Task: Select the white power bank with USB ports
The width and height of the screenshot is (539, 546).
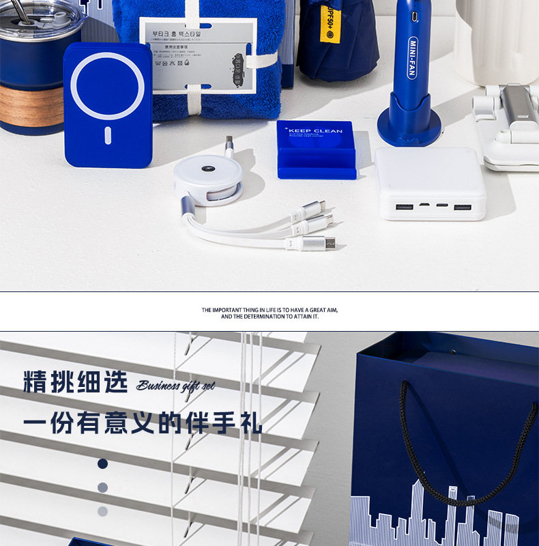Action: pos(430,184)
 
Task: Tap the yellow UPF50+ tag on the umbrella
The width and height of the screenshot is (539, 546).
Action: pos(330,20)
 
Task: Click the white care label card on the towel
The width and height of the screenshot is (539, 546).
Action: pos(198,55)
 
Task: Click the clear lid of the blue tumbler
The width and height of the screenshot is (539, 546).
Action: pos(41,17)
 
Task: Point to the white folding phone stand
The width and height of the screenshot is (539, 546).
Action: pos(508,130)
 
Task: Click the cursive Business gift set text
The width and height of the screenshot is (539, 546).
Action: pos(175,386)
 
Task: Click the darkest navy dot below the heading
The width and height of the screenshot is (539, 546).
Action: pos(102,463)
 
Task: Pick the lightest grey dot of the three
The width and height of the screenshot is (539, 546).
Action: pos(102,511)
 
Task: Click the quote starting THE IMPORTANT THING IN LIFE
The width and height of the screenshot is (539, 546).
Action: pos(269,313)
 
